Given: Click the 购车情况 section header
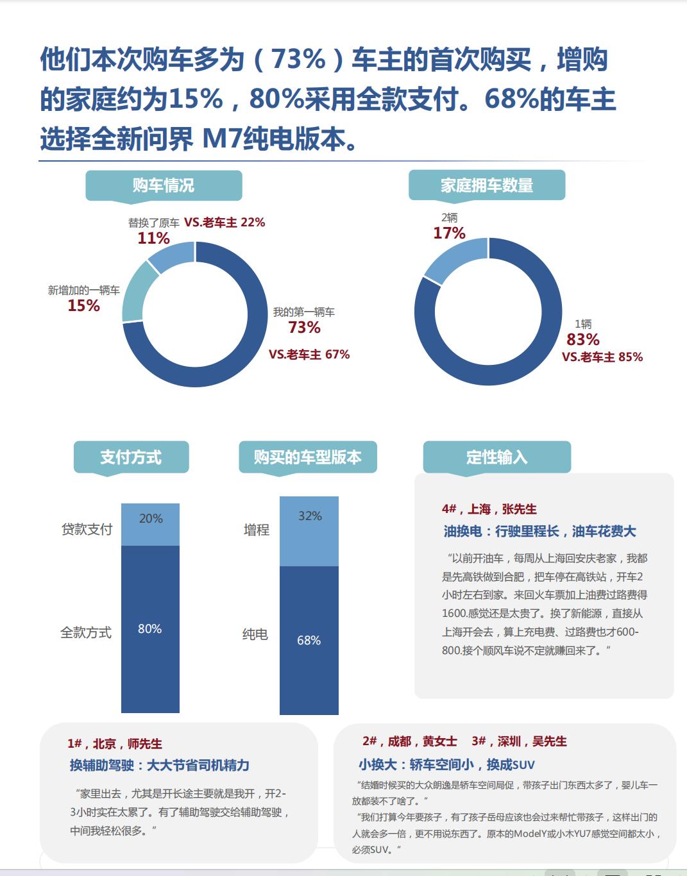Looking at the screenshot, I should coord(164,185).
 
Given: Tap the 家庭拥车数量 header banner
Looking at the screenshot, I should coord(487,185).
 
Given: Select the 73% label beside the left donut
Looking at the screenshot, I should coord(304,328).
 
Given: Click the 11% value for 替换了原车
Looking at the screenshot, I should coord(153,239).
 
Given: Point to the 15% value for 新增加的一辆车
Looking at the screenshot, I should coord(84,306).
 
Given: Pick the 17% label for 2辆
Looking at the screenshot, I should coord(449,233).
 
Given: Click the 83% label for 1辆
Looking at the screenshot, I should coord(583,339).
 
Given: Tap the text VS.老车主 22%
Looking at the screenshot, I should coord(225,223).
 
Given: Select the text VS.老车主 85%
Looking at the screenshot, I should coord(602,357).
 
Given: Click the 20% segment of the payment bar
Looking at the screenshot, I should coord(151,524).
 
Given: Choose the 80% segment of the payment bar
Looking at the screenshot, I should coord(150,628).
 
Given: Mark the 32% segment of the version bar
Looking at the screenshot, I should coord(309,531).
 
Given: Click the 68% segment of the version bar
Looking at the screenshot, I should coord(309,640).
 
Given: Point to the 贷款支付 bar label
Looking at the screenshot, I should coord(87,530).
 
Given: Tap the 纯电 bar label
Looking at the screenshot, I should coord(255,635).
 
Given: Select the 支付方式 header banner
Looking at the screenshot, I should coord(131,457).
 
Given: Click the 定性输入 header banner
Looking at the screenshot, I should coord(496,457).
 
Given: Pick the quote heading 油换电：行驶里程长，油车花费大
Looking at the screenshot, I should coord(539,531).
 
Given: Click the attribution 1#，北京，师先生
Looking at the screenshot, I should coord(115,744).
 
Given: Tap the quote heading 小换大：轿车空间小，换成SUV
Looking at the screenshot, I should coord(446,764).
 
